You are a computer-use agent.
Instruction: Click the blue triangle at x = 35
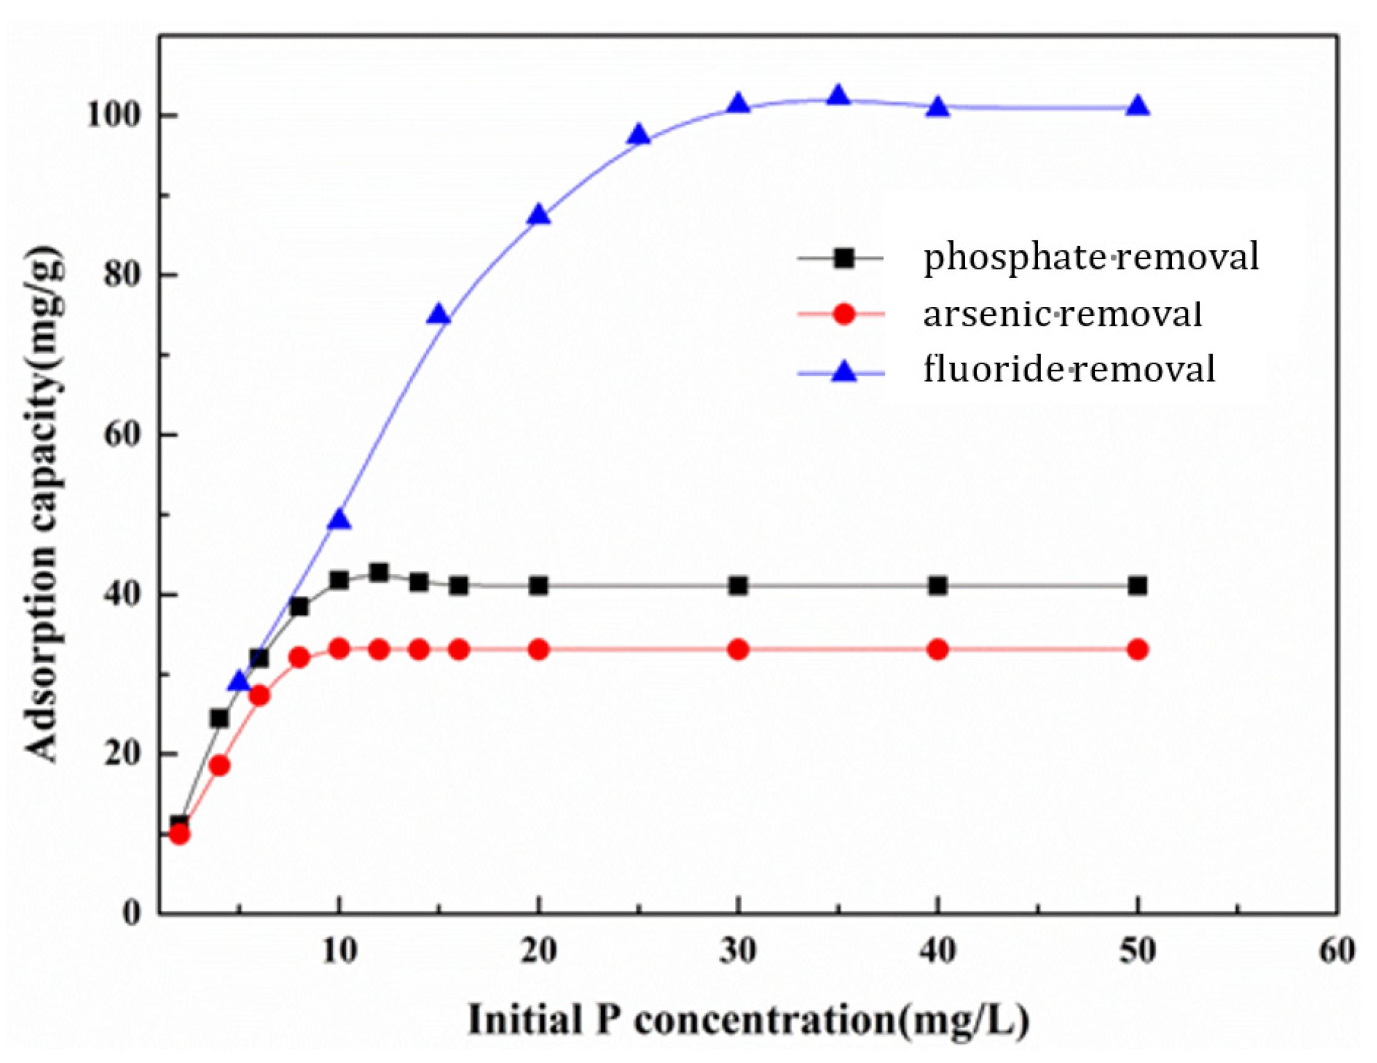[838, 97]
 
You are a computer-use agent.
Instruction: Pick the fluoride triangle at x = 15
[439, 315]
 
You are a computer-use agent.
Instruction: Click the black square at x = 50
[1137, 586]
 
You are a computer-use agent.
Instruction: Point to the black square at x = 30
[739, 586]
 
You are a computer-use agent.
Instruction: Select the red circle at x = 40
[937, 650]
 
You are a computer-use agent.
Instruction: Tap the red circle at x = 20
[538, 650]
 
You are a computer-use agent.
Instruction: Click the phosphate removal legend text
[1090, 257]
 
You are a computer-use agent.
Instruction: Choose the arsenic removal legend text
[1062, 314]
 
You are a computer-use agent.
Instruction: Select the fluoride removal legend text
[1069, 369]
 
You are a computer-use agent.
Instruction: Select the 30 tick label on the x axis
[739, 951]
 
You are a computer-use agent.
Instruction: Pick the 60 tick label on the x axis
[1337, 951]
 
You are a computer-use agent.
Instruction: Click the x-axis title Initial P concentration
[748, 1021]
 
